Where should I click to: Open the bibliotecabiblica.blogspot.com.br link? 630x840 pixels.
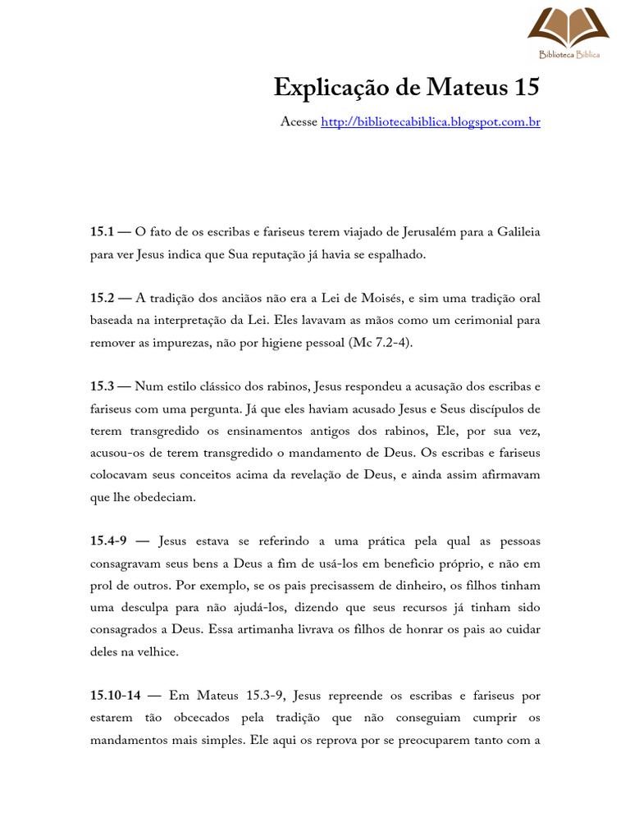(x=430, y=122)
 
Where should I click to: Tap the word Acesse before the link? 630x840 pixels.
(x=299, y=122)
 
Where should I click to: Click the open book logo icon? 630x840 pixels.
(x=568, y=27)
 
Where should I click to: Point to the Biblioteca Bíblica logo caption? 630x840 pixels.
(x=568, y=55)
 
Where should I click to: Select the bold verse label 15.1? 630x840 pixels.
(x=101, y=233)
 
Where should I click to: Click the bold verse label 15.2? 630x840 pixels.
(x=101, y=297)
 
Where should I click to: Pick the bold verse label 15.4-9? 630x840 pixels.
(x=107, y=541)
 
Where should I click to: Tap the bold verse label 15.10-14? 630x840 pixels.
(x=116, y=696)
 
